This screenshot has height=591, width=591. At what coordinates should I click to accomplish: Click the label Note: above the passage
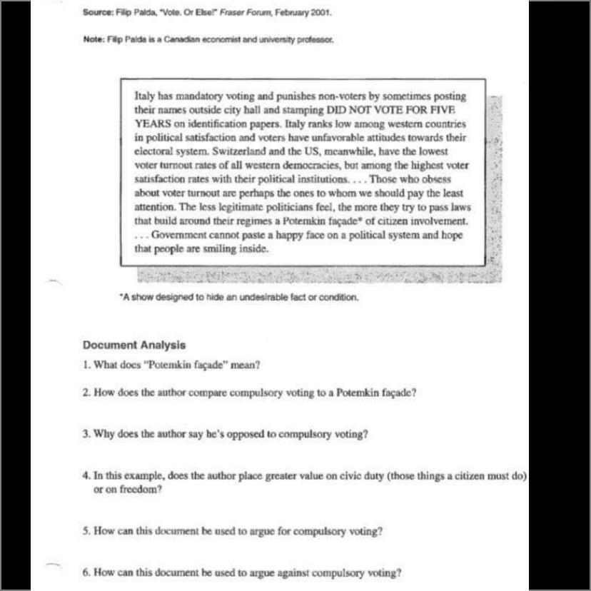[94, 40]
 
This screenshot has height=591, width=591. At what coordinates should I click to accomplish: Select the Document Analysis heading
[134, 345]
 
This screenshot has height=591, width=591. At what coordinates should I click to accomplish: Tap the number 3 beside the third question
[85, 434]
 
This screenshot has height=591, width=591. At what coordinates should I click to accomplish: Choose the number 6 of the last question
[85, 572]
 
